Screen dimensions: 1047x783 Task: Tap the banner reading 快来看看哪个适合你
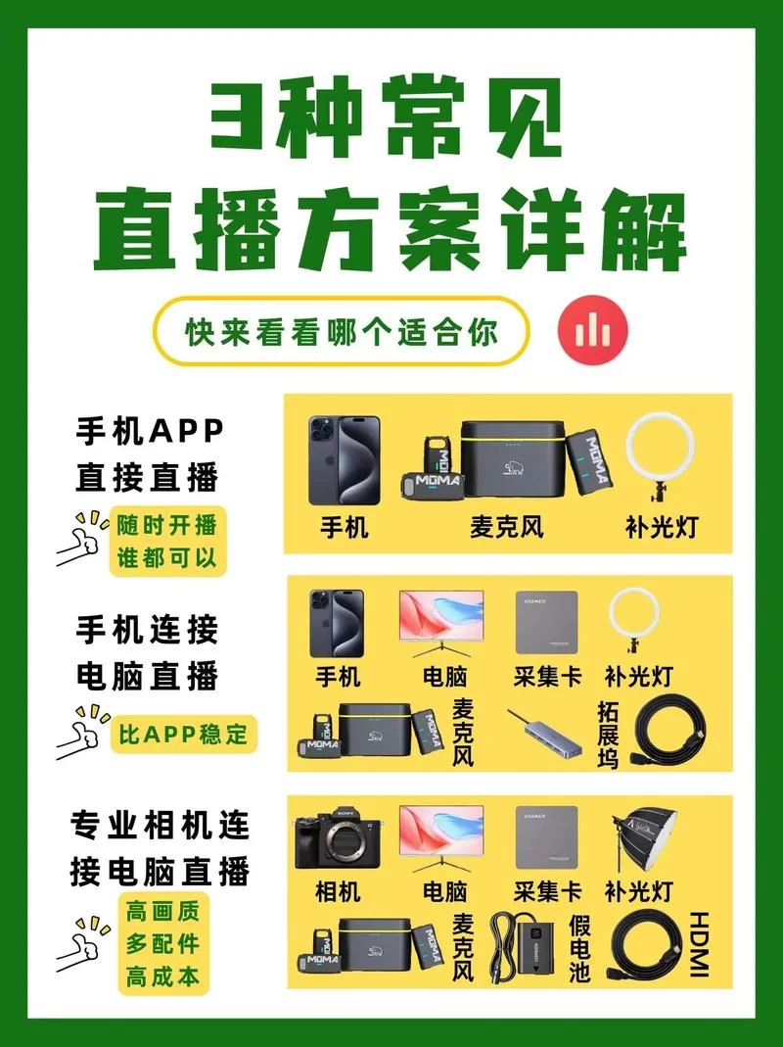342,332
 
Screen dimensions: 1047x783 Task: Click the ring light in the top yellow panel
661,451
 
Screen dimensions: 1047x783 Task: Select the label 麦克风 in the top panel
506,527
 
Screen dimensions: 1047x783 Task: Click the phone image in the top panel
344,460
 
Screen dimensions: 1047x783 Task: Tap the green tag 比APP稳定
183,733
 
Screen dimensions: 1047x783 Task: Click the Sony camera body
337,840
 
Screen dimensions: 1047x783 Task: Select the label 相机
337,891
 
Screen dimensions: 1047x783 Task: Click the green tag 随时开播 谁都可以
166,541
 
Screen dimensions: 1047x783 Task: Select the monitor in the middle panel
439,623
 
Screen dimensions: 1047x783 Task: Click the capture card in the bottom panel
546,837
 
